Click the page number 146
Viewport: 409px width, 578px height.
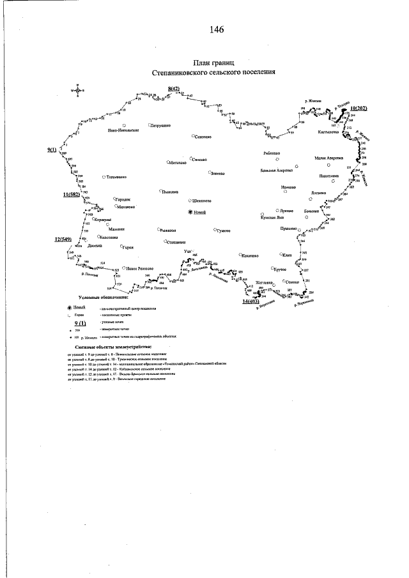click(x=215, y=29)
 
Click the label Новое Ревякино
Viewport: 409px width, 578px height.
click(x=140, y=268)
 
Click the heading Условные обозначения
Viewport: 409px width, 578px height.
click(x=103, y=298)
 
